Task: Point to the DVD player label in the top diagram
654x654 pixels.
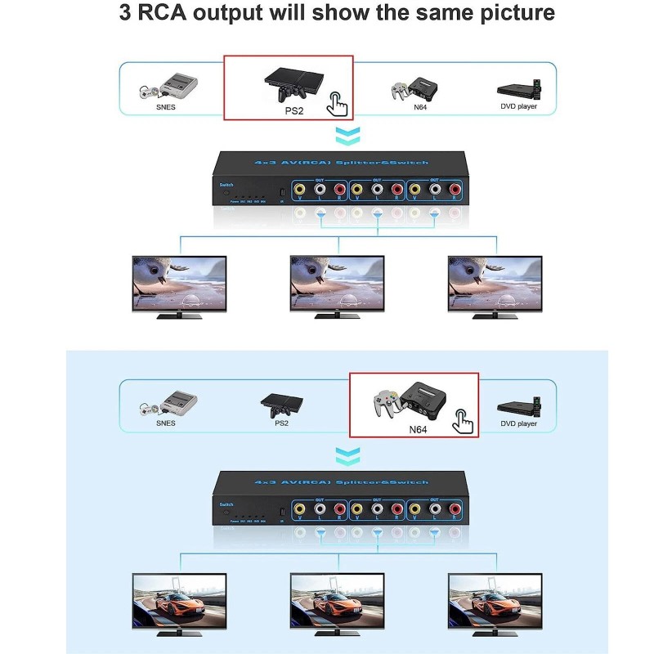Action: pos(518,106)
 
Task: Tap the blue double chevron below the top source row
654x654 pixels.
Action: pos(347,134)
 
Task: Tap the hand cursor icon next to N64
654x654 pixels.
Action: pos(465,421)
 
